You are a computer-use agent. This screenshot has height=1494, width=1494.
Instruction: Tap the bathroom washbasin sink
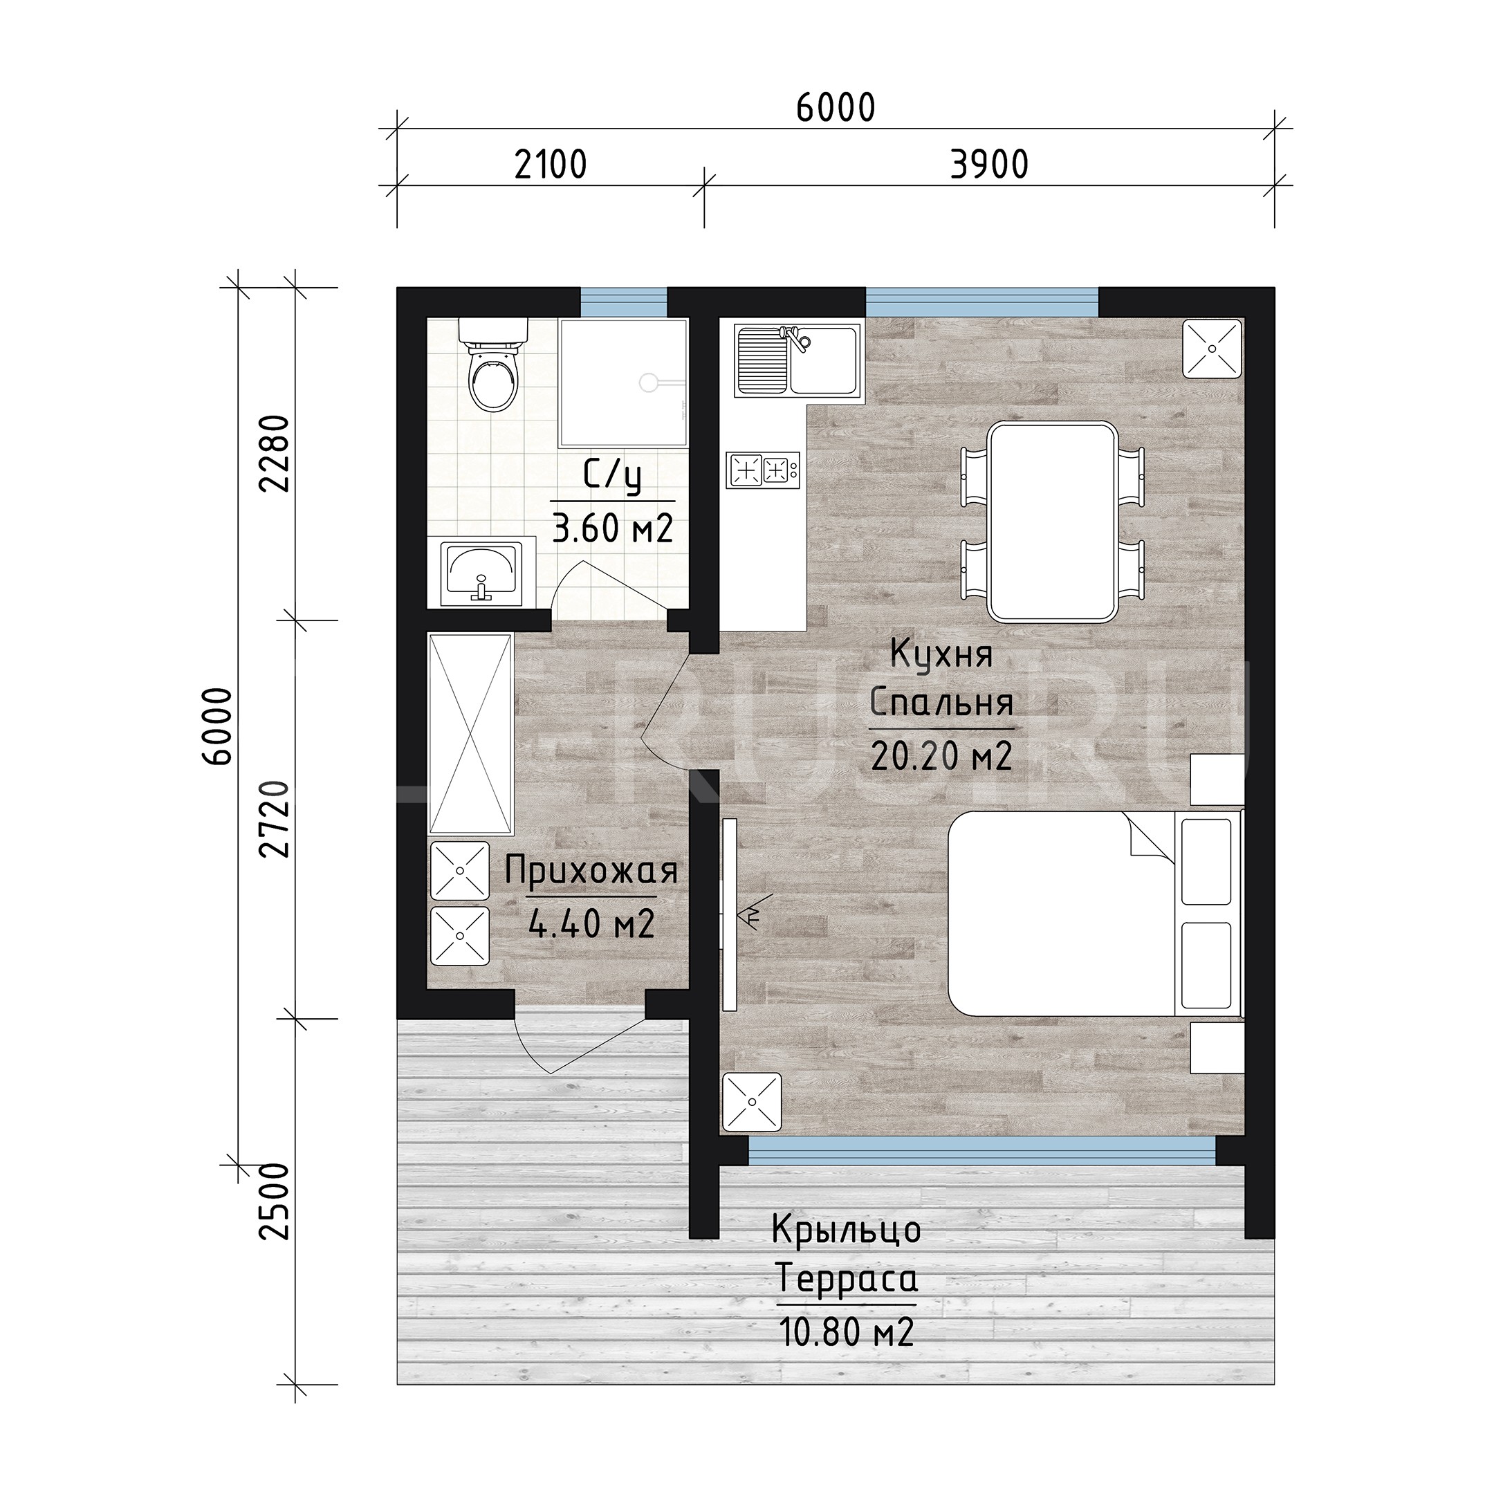tap(481, 573)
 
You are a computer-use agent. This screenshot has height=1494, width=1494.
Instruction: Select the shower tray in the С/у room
tap(623, 382)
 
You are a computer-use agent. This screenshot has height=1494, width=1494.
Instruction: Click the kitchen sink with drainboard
tap(797, 360)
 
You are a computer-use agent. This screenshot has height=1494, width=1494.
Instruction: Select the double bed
tap(1095, 912)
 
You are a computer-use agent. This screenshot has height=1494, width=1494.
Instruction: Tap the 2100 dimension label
tap(551, 165)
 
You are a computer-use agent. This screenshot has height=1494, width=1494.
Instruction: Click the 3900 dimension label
tap(989, 165)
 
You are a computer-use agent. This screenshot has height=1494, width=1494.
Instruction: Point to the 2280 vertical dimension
tap(275, 454)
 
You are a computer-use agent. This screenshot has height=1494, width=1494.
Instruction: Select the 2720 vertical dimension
tap(275, 819)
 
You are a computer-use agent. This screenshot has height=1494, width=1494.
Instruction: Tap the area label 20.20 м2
tap(941, 755)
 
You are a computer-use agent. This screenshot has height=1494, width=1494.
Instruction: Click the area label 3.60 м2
tap(612, 529)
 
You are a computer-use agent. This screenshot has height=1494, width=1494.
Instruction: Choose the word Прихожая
tap(591, 871)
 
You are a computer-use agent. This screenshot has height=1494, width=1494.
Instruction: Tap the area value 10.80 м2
tap(847, 1331)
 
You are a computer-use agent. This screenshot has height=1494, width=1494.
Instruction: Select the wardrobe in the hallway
tap(470, 734)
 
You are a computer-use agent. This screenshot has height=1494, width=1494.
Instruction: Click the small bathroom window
tap(623, 302)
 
